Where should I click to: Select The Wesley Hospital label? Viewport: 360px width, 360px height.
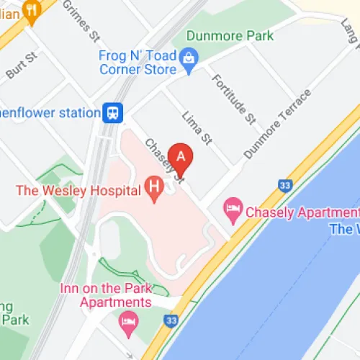point(79,190)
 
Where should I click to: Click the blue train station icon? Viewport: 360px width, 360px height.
point(113,112)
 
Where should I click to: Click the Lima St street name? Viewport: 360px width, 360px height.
point(194,127)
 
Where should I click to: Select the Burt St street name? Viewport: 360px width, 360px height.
point(21,66)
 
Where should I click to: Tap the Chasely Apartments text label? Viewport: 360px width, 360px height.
point(301,212)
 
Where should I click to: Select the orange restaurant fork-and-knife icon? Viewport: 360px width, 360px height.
point(31,9)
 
